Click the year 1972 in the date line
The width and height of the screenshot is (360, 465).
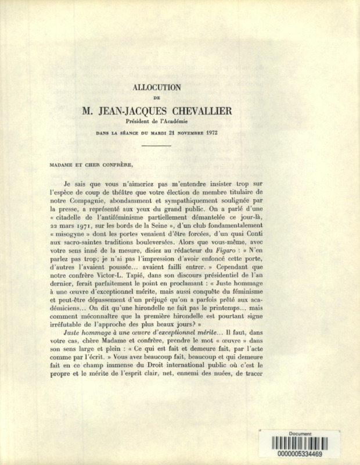211,133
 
